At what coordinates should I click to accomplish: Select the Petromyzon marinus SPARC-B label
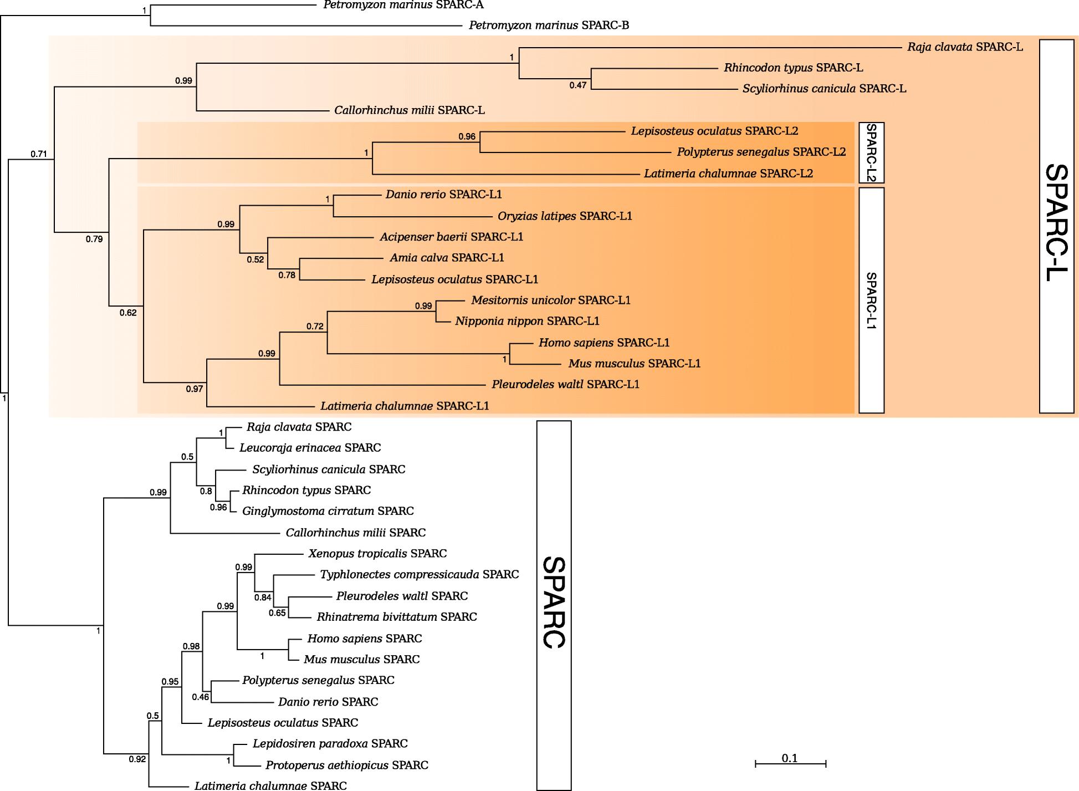coord(549,25)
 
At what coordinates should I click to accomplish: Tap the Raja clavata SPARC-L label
coord(965,47)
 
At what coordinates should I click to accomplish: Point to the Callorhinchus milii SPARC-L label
coord(410,110)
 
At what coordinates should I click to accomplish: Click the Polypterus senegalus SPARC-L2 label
coord(761,152)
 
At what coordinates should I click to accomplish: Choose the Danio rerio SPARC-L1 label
coord(443,195)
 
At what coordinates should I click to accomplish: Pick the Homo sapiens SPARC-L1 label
coord(604,343)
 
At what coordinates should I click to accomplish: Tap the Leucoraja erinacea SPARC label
coord(310,447)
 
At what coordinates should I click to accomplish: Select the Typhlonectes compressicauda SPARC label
coord(420,575)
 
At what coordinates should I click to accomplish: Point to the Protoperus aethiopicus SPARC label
coord(347,766)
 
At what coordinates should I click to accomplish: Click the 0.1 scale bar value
coord(790,758)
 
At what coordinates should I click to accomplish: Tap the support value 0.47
coord(577,85)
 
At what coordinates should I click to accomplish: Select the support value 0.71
coord(39,154)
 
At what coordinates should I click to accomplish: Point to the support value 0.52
coord(255,259)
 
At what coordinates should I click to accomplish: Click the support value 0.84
coord(263,597)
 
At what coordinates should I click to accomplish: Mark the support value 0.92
coord(137,759)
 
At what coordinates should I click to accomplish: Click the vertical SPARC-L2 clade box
coord(871,152)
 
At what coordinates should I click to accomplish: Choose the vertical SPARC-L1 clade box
coord(871,300)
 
